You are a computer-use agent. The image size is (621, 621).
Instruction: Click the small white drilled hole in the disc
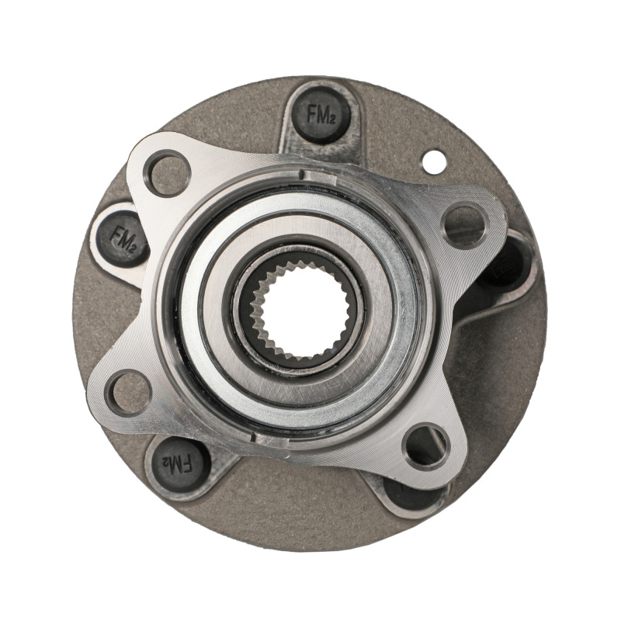tap(433, 161)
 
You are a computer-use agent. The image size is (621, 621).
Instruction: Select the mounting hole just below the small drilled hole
tap(464, 225)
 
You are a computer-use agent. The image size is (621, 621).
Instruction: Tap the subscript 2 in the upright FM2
tap(332, 119)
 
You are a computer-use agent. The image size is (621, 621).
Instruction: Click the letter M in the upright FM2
tap(321, 116)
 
